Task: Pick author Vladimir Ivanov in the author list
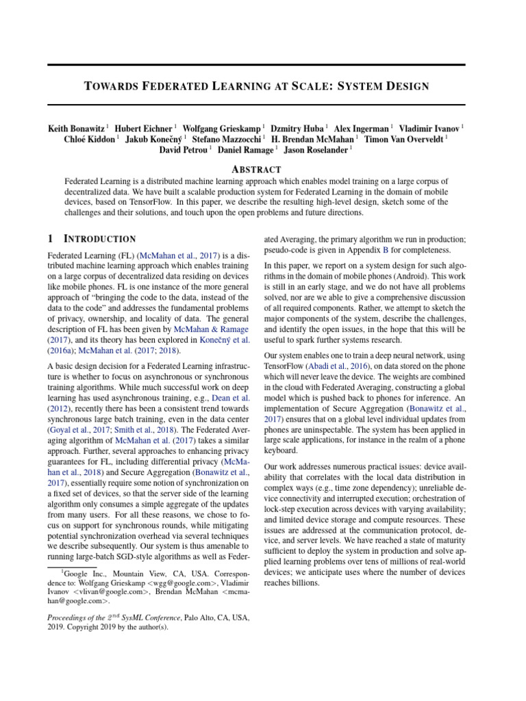click(429, 128)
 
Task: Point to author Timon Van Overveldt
click(404, 139)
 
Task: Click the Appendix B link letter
click(385, 251)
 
